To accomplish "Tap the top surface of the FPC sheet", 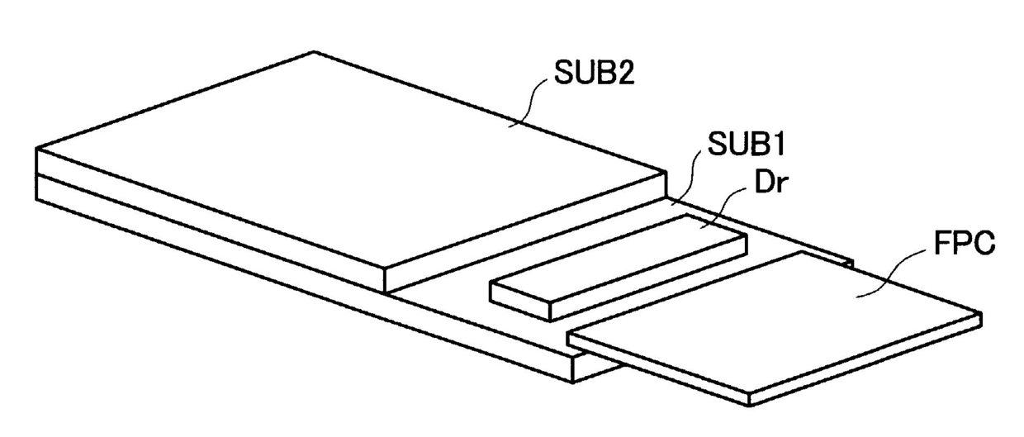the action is point(776,322).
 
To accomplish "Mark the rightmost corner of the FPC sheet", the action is point(980,315).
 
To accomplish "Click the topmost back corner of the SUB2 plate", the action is point(315,53).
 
